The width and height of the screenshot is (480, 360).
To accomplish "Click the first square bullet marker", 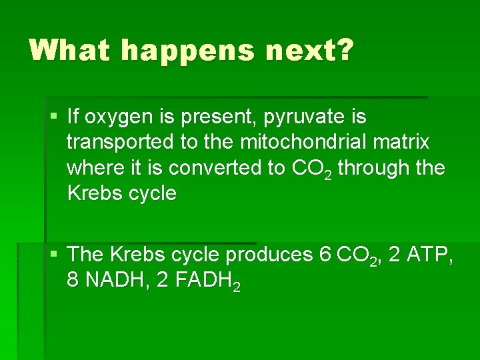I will tap(53, 117).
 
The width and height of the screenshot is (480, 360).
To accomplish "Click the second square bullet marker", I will tap(53, 255).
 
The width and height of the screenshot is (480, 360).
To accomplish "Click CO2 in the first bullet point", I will tap(313, 169).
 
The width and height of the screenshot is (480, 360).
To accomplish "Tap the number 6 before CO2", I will tap(325, 255).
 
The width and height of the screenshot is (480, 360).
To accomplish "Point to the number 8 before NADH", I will tap(73, 280).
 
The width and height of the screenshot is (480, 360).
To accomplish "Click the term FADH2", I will tap(206, 281).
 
